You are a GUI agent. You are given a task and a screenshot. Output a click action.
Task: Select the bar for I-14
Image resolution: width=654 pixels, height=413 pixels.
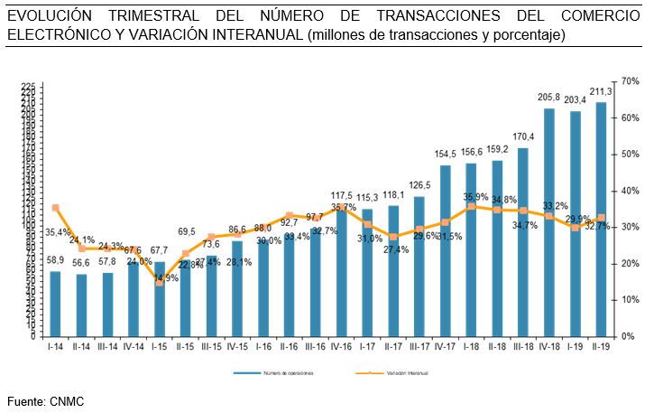[55, 303]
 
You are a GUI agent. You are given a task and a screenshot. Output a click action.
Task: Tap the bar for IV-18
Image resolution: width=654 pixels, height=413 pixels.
[548, 221]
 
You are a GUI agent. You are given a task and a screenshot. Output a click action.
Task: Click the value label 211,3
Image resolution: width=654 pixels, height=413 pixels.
[601, 91]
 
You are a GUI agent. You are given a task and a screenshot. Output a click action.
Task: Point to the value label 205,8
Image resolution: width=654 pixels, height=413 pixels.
[548, 98]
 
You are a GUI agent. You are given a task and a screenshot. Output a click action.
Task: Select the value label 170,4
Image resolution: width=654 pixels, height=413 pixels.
[523, 136]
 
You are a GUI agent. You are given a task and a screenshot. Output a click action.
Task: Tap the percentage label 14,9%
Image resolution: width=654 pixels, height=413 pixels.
[166, 278]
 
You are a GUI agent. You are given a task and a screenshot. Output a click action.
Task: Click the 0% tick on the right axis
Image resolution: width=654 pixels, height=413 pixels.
[623, 335]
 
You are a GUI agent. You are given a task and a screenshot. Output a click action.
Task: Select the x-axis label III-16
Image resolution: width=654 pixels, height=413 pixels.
[315, 345]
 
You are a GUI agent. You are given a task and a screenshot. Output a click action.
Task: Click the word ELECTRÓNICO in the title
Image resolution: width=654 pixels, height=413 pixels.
[54, 34]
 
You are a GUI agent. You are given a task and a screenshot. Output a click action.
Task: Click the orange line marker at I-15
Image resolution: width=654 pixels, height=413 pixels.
[160, 282]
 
